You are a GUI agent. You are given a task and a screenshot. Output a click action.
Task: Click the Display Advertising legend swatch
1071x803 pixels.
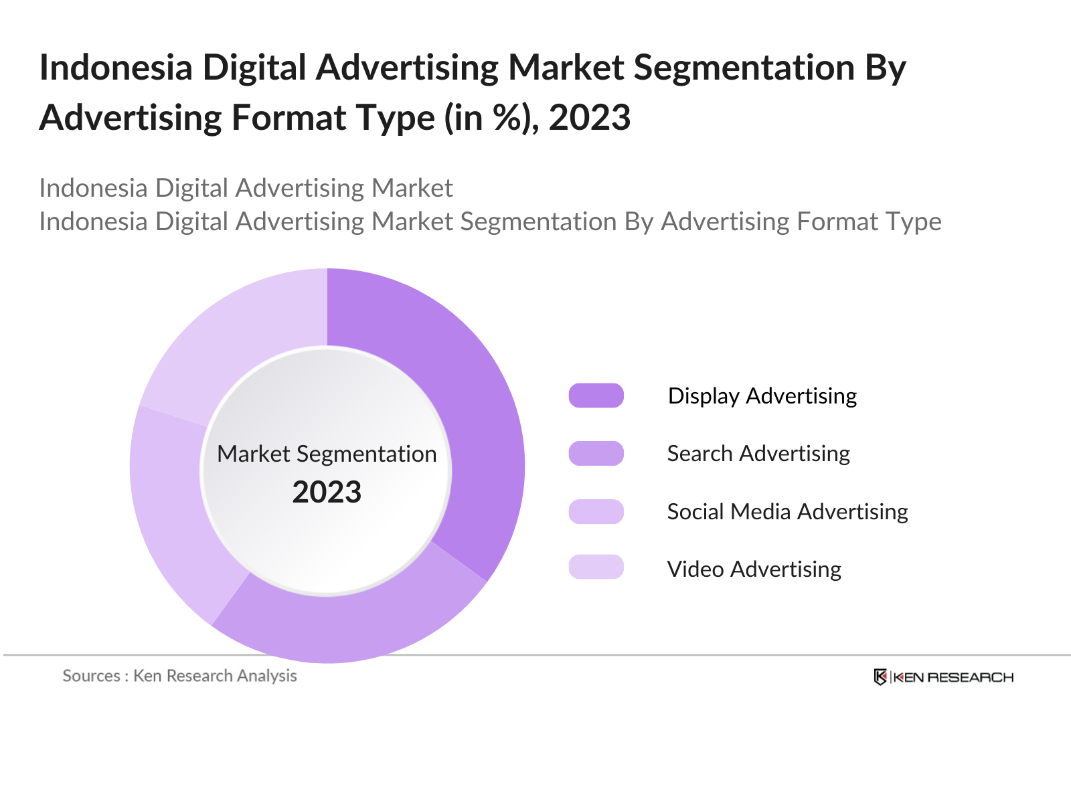point(596,395)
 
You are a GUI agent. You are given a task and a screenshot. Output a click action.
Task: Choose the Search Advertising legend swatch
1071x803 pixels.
point(596,453)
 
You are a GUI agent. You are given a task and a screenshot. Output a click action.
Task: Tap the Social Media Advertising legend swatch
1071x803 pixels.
point(596,511)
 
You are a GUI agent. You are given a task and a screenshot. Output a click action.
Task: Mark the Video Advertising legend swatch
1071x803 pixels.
point(596,567)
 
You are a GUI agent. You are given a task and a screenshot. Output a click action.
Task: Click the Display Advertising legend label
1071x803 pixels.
point(762,395)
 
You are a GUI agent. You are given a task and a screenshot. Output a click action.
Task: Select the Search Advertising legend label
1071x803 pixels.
point(758,453)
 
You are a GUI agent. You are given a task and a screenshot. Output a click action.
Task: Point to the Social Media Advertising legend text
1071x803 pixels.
point(787,511)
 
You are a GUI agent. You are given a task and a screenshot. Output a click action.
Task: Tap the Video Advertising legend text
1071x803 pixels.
point(754,569)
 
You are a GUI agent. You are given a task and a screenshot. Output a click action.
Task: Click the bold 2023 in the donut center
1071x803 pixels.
point(327,493)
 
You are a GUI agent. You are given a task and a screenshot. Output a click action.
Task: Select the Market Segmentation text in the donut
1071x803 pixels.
point(327,454)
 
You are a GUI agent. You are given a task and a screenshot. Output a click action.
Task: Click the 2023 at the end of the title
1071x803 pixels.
point(590,118)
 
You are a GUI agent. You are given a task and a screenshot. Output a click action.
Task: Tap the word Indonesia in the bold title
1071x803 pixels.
point(116,68)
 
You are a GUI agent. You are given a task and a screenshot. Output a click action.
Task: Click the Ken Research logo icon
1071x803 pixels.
point(880,677)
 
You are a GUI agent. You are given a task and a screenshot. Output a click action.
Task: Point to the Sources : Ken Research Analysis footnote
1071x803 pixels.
point(179,676)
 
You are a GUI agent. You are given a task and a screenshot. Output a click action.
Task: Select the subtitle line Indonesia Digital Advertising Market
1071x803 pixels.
point(246,188)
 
